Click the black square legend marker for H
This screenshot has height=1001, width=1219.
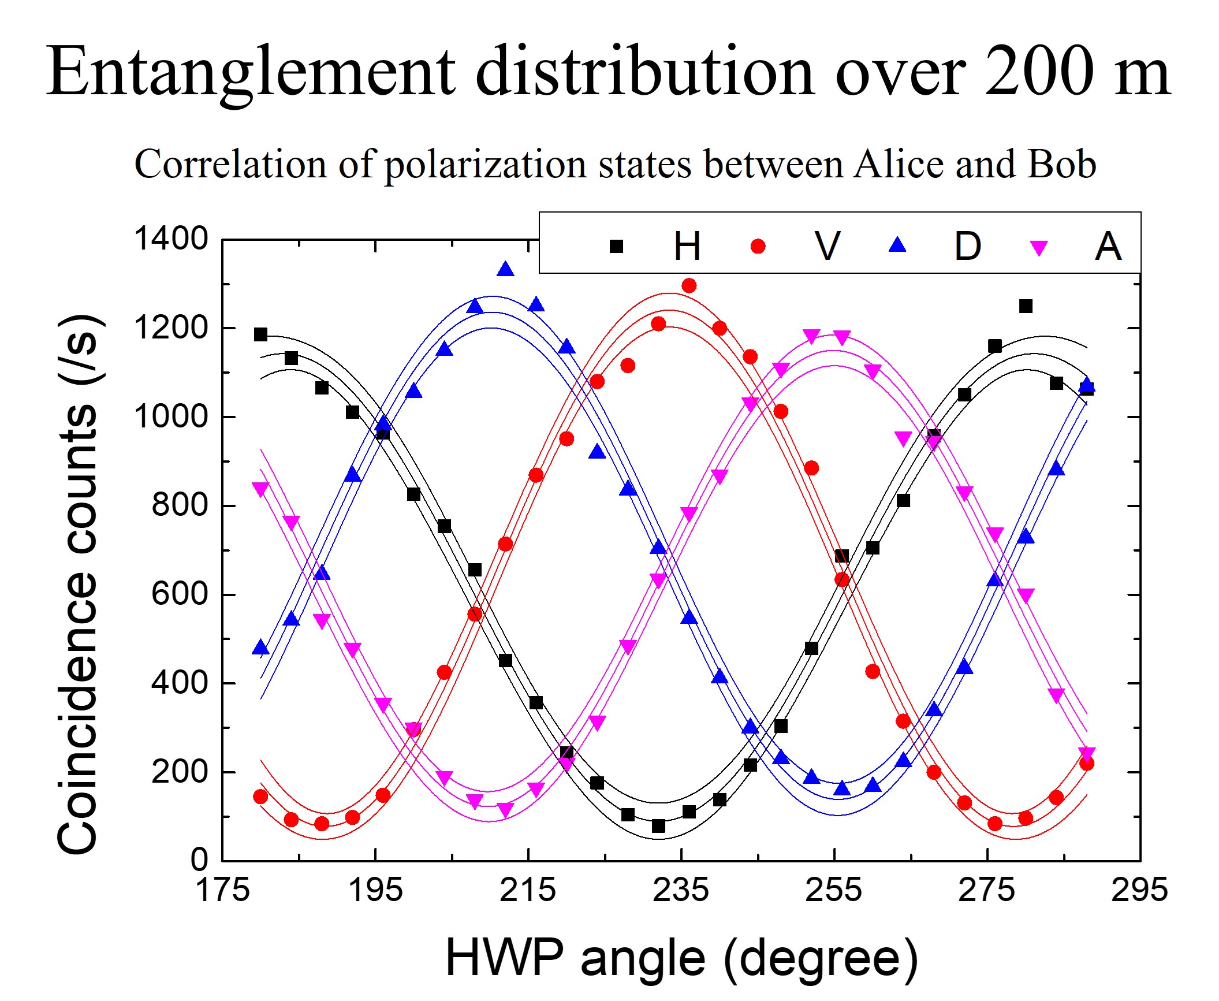(616, 247)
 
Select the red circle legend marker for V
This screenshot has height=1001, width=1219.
(758, 247)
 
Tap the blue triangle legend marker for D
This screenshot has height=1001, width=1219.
(898, 246)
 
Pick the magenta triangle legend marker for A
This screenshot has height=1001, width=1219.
(1039, 248)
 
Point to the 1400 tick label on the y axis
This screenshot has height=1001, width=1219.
(171, 239)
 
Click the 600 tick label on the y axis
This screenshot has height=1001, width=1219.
(180, 594)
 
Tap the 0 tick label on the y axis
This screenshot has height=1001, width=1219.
(199, 860)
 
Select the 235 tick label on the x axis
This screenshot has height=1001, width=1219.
(681, 890)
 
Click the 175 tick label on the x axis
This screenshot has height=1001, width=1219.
(223, 890)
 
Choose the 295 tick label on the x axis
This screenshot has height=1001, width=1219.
(1139, 890)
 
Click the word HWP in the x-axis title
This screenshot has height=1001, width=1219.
(504, 958)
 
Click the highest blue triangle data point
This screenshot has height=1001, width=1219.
(506, 269)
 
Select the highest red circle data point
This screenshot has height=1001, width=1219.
(689, 285)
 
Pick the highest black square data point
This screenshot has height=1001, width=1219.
(1026, 306)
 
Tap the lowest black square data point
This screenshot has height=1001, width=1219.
(658, 827)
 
